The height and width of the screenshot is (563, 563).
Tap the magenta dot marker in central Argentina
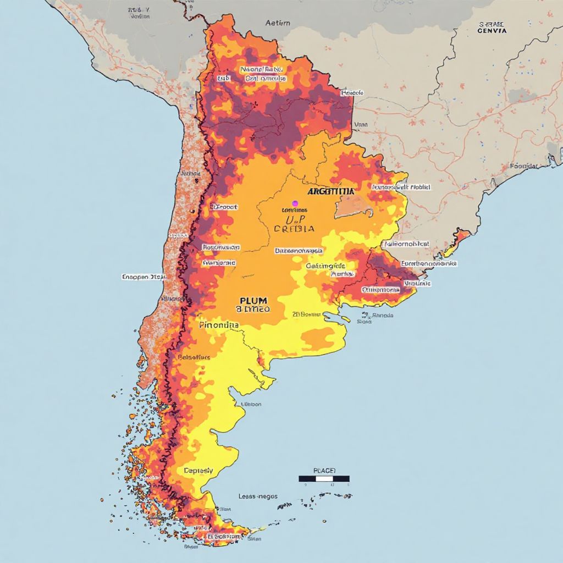[x=295, y=203]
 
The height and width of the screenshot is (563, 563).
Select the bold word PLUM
[x=253, y=301]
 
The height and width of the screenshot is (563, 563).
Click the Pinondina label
[x=219, y=325]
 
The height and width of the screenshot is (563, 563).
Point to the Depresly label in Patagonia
[x=198, y=471]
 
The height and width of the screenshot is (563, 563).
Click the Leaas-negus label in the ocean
[x=258, y=496]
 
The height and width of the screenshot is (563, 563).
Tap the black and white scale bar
[x=324, y=478]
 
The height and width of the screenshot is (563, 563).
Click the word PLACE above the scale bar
[x=324, y=470]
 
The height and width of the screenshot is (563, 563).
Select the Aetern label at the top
[x=278, y=23]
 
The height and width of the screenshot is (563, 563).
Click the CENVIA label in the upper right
[x=492, y=31]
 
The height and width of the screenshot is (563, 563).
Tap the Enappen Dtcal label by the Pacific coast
[x=143, y=277]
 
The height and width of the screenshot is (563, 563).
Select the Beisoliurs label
[x=194, y=357]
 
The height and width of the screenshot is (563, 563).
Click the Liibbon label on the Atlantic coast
[x=251, y=404]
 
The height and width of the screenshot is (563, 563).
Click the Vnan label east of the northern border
[x=361, y=125]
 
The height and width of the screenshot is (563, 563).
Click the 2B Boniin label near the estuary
[x=306, y=314]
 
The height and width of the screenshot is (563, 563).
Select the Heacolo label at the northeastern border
[x=352, y=93]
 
